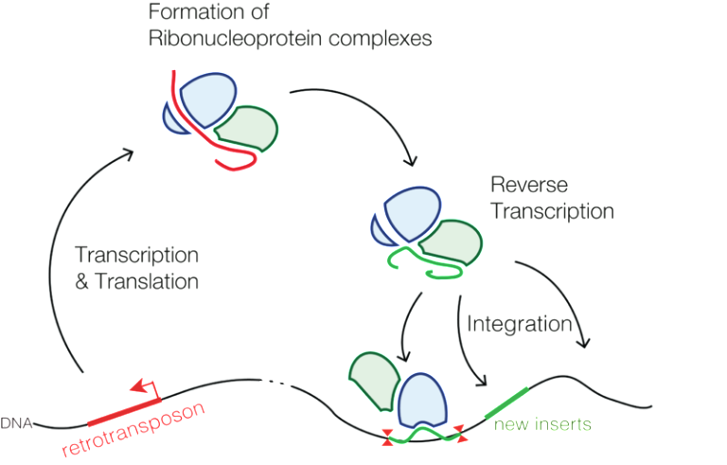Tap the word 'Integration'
point(519,325)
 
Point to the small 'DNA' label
point(16,422)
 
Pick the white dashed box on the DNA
point(275,382)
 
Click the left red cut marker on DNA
point(387,437)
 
